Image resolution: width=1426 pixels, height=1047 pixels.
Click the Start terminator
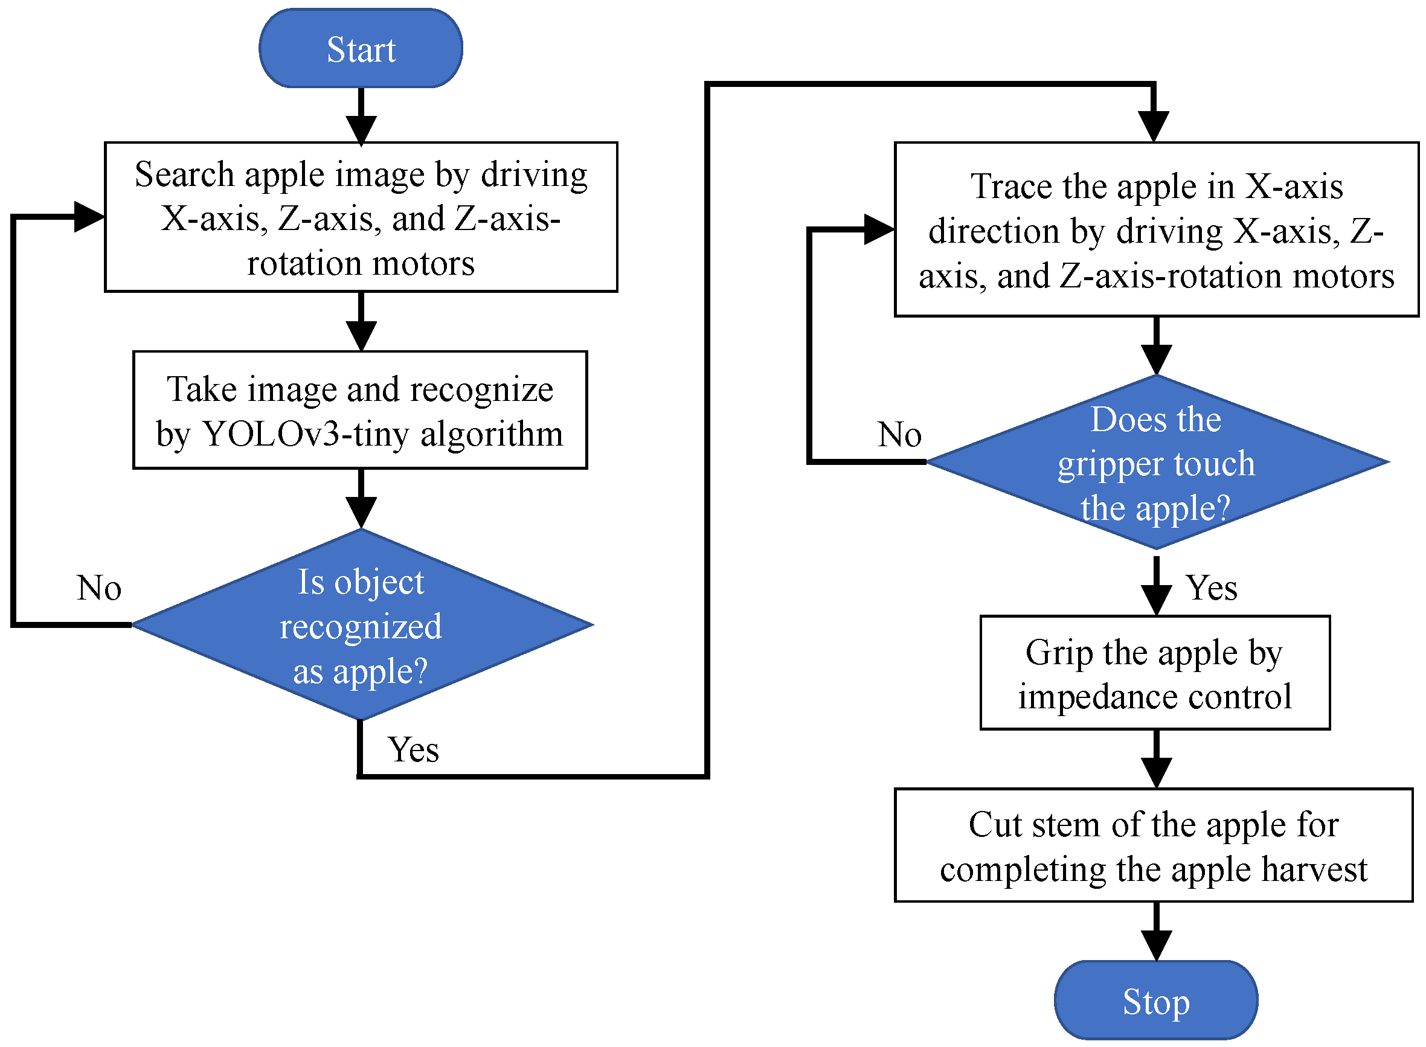point(361,48)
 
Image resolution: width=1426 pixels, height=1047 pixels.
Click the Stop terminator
point(1155,1001)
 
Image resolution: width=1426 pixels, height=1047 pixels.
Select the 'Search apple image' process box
point(361,217)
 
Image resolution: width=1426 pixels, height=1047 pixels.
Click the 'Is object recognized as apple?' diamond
point(361,625)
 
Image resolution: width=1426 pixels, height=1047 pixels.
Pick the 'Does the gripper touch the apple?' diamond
point(1155,463)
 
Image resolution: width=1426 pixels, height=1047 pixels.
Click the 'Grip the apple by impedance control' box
point(1154,673)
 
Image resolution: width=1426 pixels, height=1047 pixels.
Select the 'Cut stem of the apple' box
point(1153,845)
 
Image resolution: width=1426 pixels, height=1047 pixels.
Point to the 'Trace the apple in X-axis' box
point(1155,229)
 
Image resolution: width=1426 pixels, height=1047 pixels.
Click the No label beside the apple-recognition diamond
point(99,588)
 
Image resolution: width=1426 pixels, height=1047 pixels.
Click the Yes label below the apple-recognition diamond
point(413,750)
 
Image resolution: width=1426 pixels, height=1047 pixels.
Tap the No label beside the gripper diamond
point(899,435)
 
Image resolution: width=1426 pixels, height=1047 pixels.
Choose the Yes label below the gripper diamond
point(1211,588)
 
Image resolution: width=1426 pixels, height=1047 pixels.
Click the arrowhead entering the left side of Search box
point(89,217)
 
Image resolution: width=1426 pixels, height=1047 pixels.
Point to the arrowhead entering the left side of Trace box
point(878,229)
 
